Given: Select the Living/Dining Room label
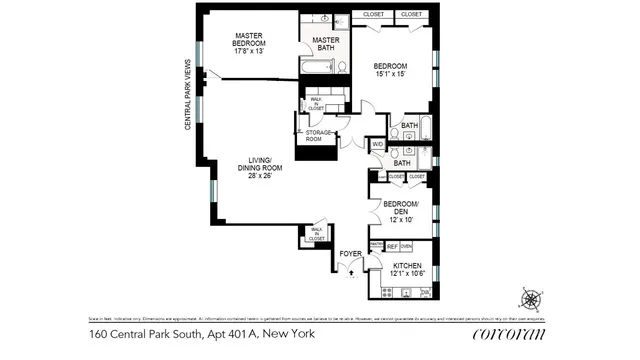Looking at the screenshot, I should pyautogui.click(x=259, y=166).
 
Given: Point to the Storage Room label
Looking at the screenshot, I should pyautogui.click(x=319, y=136).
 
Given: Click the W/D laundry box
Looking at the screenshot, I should pyautogui.click(x=377, y=144).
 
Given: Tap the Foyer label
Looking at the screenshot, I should pyautogui.click(x=350, y=254).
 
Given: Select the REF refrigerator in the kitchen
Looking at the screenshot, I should pyautogui.click(x=392, y=246).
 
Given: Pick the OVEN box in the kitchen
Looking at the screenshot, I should pyautogui.click(x=406, y=246).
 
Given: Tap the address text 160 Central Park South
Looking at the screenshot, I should pyautogui.click(x=159, y=333).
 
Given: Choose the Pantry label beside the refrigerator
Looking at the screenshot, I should pyautogui.click(x=377, y=245).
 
